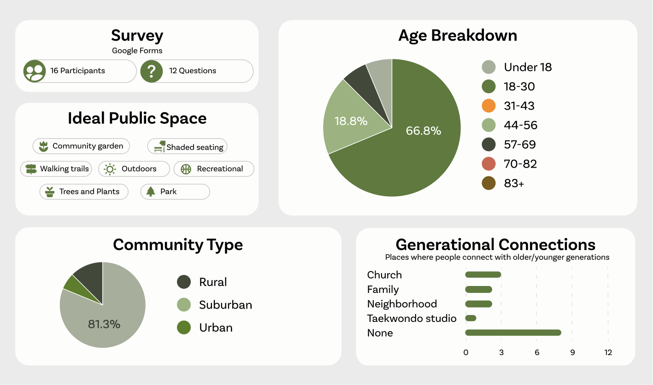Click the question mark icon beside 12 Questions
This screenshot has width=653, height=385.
tap(151, 71)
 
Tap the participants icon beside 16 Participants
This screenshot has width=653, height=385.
tap(35, 71)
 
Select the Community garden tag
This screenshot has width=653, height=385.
tap(81, 146)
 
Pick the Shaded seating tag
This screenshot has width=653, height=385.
tap(187, 146)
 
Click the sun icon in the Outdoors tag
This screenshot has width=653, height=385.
tap(110, 169)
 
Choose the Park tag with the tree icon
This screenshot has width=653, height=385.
tap(175, 192)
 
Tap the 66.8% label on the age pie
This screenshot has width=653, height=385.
tap(424, 131)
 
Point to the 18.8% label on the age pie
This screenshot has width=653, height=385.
tap(351, 121)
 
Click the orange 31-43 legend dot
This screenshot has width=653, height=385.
tap(488, 106)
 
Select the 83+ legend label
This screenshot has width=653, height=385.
tap(514, 183)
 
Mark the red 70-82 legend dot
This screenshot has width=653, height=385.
tap(488, 163)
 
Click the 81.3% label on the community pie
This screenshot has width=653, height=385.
tap(104, 324)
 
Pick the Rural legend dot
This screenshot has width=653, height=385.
tap(184, 282)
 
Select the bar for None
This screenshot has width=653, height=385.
tap(513, 332)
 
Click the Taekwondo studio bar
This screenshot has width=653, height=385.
tap(471, 318)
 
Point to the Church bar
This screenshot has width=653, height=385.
tap(483, 274)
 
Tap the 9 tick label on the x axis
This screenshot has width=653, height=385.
tap(572, 353)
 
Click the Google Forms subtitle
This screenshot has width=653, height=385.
tap(137, 51)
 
